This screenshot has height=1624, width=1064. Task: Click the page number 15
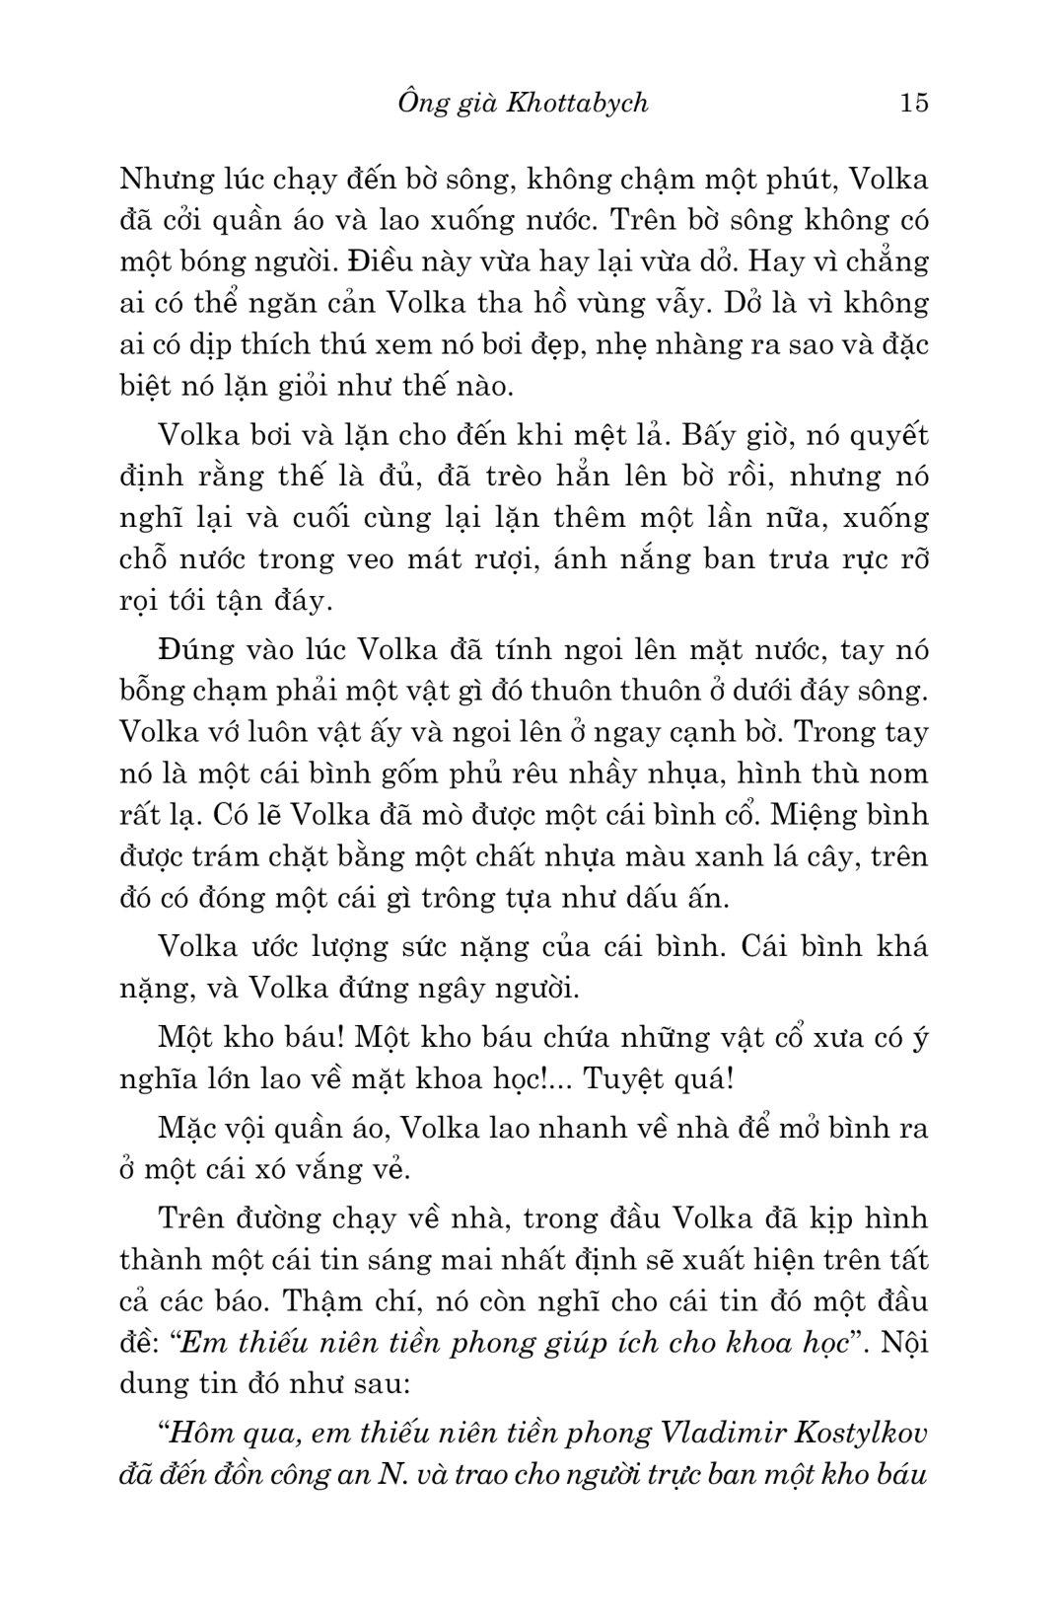pyautogui.click(x=914, y=103)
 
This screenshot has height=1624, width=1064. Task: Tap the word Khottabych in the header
pyautogui.click(x=577, y=103)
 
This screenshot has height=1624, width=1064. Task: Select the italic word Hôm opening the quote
pyautogui.click(x=200, y=1432)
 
